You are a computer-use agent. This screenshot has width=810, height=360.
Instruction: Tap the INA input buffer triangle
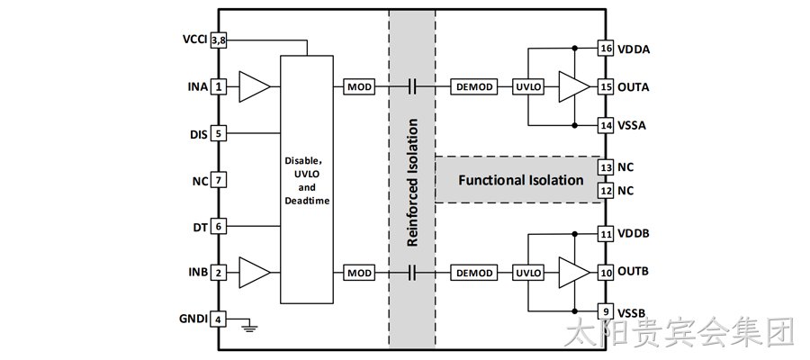coord(253,86)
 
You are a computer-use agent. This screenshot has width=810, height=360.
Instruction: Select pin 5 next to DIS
coord(219,134)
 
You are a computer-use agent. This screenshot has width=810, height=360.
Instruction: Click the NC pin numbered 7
coord(219,181)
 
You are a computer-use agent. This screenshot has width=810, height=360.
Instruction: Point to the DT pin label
coord(201,227)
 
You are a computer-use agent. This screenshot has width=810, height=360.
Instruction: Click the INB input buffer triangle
coord(253,273)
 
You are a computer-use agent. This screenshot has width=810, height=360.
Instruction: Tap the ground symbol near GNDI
coord(250,326)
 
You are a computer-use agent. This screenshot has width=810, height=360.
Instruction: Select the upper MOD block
coord(359,86)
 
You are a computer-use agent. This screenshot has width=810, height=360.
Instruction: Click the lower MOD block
coord(359,273)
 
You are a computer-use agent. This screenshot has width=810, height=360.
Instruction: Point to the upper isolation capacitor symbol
coord(411,86)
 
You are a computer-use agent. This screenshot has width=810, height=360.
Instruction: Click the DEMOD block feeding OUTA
coord(474,86)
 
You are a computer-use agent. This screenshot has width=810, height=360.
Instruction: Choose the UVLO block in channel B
coord(528,273)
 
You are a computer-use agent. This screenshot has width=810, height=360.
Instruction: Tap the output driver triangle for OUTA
coord(572,86)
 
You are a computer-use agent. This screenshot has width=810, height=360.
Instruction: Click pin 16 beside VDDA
coord(607,49)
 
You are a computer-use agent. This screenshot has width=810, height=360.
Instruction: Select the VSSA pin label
coord(632,125)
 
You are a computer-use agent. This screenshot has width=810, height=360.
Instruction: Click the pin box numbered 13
coord(607,167)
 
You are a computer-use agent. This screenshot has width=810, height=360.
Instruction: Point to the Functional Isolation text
coord(521,180)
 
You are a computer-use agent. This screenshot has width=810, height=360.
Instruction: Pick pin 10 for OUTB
coord(607,272)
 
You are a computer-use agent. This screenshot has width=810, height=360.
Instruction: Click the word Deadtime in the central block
coord(307,201)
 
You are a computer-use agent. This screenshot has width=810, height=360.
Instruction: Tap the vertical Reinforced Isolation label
coord(412,183)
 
